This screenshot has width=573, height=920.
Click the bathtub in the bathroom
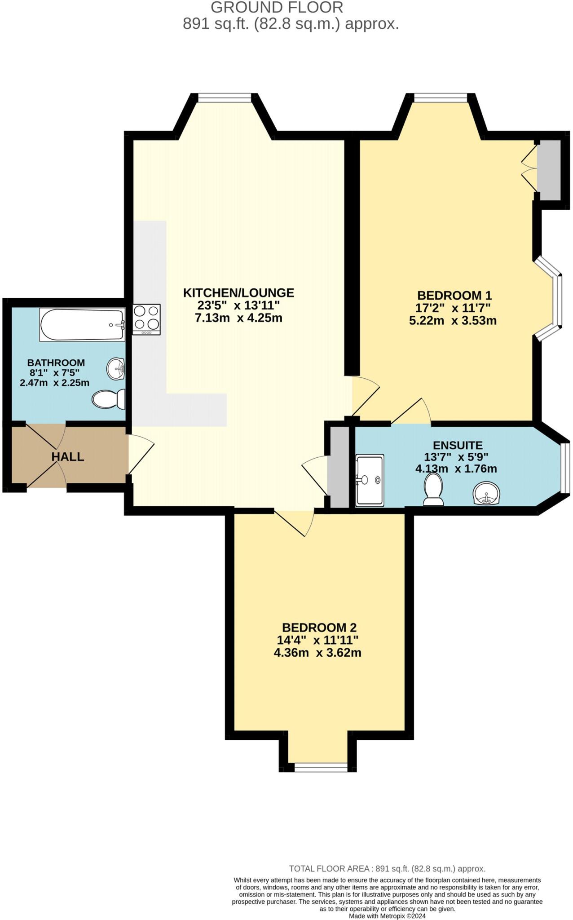point(82,324)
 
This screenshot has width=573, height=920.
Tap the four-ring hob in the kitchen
point(146,319)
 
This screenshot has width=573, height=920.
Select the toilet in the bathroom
point(109,399)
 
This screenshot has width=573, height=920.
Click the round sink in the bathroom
point(116,369)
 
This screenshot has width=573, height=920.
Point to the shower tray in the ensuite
point(370,480)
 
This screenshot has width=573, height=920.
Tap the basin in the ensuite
point(486,493)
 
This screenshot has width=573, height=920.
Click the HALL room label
point(68,457)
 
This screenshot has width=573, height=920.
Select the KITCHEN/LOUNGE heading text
point(238,293)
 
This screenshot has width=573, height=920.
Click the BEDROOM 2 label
point(319,628)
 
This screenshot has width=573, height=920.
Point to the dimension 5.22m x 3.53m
point(453,321)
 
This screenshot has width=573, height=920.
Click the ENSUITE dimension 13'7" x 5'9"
point(456,457)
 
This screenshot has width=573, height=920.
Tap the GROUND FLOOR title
point(277,7)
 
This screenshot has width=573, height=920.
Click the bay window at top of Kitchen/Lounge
point(225,98)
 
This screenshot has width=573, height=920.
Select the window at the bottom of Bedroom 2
point(321,767)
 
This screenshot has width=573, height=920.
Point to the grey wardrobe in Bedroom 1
point(549,170)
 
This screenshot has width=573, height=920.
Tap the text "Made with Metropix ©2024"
point(387,916)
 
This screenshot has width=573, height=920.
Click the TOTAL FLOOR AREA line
point(387,868)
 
